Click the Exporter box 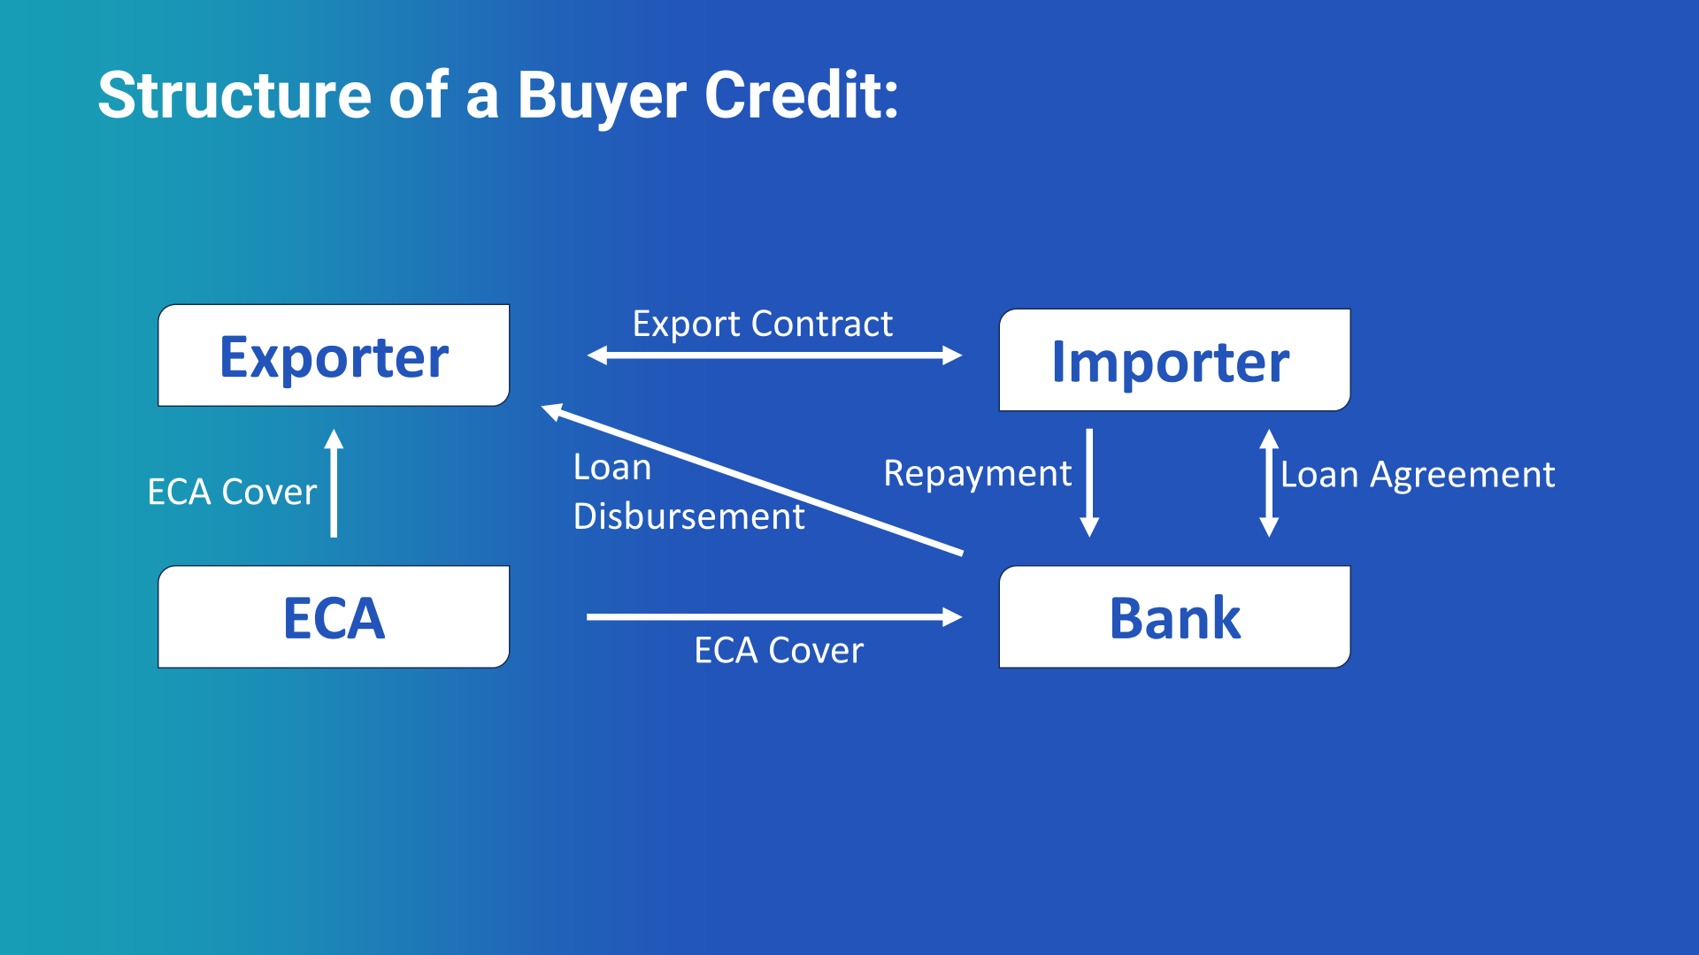click(x=334, y=355)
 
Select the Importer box click(x=1174, y=360)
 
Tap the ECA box click(x=334, y=617)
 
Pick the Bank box click(x=1174, y=617)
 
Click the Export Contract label click(x=762, y=324)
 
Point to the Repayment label click(x=977, y=474)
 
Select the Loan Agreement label click(x=1418, y=475)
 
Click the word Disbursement click(x=688, y=516)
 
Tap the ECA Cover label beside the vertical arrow click(x=232, y=492)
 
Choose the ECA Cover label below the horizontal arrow click(x=779, y=651)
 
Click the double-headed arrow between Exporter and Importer click(x=774, y=355)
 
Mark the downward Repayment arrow click(x=1089, y=482)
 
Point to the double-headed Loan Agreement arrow click(x=1269, y=483)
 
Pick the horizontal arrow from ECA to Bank click(x=774, y=616)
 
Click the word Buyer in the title click(x=602, y=95)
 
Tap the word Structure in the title click(x=234, y=95)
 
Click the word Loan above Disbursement click(x=612, y=467)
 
